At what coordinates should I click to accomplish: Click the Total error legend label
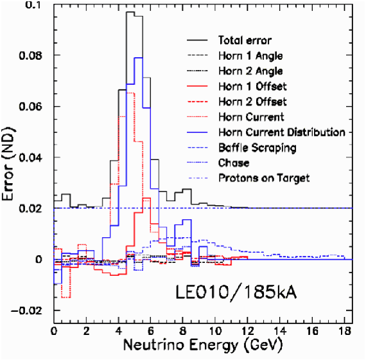(245, 40)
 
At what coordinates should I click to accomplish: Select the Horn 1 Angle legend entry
(250, 56)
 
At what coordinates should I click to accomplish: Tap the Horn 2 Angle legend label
(250, 71)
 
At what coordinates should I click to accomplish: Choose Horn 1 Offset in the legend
(252, 87)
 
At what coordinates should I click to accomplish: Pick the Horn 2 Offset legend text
(252, 102)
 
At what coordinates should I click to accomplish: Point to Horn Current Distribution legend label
(282, 132)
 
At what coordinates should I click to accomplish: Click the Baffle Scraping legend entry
(257, 148)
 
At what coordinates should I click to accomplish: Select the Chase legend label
(234, 163)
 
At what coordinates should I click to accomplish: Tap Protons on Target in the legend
(264, 178)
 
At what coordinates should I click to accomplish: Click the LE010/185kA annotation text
(236, 292)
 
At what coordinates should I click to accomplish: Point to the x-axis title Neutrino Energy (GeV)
(203, 345)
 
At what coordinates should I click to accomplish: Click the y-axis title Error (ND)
(8, 164)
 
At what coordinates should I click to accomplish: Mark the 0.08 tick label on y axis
(31, 56)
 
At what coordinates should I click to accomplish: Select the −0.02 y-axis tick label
(26, 310)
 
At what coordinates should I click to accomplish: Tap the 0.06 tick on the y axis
(31, 107)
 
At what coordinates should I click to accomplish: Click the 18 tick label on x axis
(345, 331)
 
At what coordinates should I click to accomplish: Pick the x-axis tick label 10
(215, 331)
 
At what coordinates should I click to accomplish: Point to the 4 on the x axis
(119, 331)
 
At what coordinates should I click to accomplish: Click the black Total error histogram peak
(130, 12)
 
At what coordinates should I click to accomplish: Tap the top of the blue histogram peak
(139, 57)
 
